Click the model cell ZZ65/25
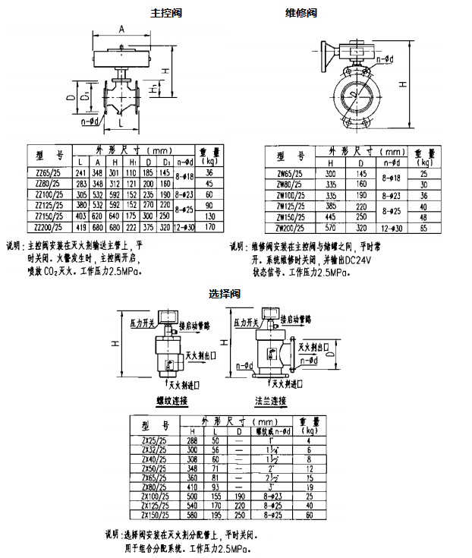click(x=49, y=173)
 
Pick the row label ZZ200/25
click(x=49, y=226)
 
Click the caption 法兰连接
click(x=270, y=400)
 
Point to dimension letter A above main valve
click(x=121, y=29)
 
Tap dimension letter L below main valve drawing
click(x=119, y=121)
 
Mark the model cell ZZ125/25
click(x=49, y=205)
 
